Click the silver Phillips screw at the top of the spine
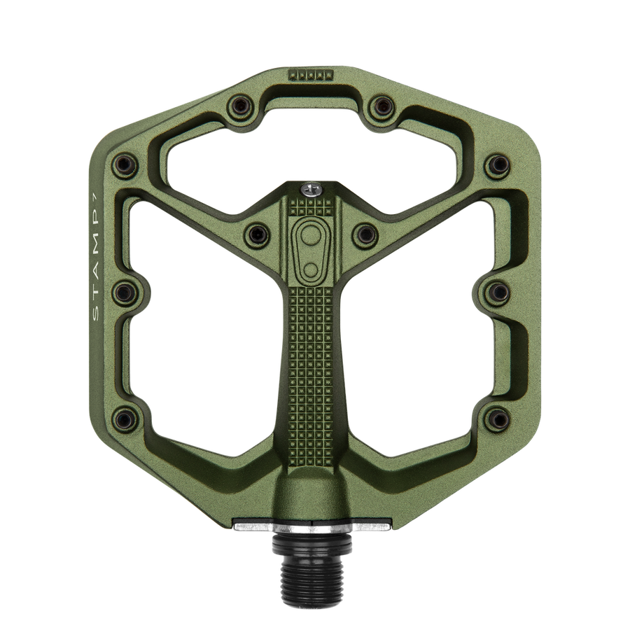click(x=311, y=189)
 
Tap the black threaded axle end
click(x=311, y=557)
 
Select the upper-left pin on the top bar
click(x=240, y=106)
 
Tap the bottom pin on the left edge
click(x=125, y=419)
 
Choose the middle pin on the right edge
click(x=498, y=292)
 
